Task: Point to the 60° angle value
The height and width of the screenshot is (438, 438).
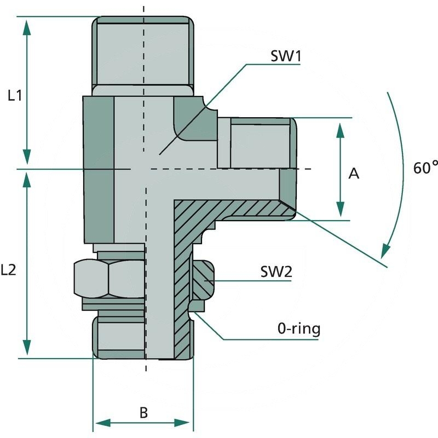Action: [425, 168]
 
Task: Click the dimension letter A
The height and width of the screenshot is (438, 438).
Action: [354, 174]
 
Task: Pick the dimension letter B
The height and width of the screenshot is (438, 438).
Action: [143, 412]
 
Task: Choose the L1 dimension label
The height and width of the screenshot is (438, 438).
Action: [15, 95]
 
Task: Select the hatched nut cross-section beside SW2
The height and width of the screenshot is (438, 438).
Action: [202, 279]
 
